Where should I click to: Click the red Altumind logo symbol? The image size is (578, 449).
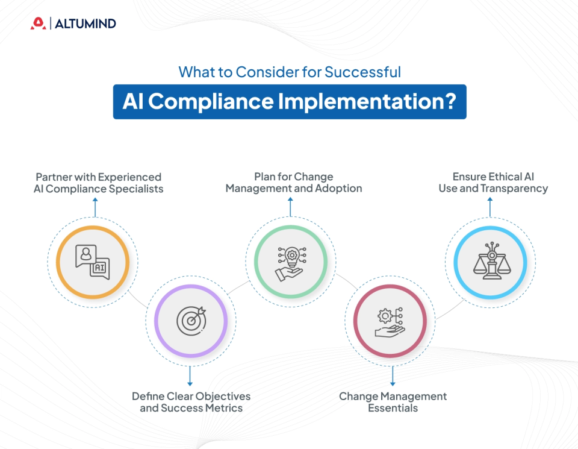click(38, 24)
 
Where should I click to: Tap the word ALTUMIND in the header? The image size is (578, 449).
click(85, 24)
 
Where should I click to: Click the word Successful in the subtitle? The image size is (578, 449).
click(362, 72)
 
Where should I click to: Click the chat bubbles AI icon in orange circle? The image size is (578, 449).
click(92, 262)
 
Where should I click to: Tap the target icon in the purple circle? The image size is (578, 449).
click(191, 319)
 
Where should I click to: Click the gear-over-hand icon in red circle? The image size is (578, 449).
click(390, 319)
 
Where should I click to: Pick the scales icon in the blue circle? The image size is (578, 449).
click(489, 262)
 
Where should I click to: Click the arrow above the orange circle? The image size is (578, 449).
click(93, 207)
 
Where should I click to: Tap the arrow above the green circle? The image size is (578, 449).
click(290, 207)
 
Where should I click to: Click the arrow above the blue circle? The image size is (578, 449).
click(489, 207)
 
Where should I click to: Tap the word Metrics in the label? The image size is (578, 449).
click(223, 408)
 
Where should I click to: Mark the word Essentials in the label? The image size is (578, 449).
click(393, 408)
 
